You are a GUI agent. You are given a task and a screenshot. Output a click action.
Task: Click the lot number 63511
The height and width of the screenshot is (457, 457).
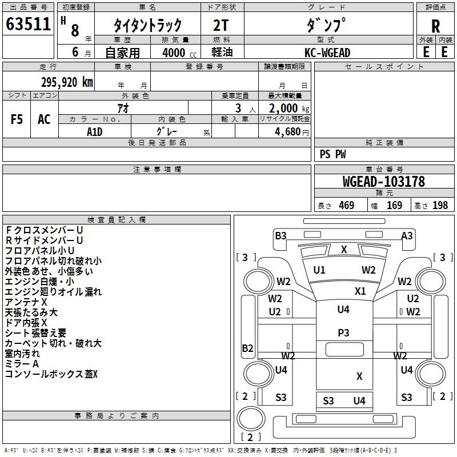tap(28, 24)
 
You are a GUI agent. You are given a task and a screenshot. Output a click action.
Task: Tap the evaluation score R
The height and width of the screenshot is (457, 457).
tap(435, 26)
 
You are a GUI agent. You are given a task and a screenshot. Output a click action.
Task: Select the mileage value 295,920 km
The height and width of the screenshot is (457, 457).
tap(67, 82)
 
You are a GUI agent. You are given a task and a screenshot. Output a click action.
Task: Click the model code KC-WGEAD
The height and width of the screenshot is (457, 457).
tap(327, 53)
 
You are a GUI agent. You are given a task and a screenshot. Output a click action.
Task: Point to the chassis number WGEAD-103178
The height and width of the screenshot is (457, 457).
tap(384, 182)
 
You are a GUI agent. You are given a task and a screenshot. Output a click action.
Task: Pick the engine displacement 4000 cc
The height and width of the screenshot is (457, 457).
tap(179, 53)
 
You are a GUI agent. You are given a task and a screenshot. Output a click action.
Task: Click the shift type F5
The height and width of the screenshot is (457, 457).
tap(17, 119)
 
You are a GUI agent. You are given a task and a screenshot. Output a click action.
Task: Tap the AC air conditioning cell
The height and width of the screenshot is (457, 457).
tap(44, 119)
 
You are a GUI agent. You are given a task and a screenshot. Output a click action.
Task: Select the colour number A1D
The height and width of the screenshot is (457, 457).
tap(94, 132)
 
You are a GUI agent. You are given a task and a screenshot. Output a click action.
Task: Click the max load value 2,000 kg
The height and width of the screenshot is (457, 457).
tap(289, 109)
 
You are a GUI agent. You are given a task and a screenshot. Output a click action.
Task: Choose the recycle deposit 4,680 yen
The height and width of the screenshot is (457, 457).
tap(292, 132)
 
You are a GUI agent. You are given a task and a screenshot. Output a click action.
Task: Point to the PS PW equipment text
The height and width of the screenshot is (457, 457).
tap(332, 154)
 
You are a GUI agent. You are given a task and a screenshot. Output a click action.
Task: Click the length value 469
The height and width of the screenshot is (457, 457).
tap(347, 205)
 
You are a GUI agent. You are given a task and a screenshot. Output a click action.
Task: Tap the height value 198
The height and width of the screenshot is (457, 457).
tap(440, 205)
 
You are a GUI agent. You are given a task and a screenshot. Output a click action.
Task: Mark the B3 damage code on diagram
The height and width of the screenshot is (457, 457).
tap(280, 235)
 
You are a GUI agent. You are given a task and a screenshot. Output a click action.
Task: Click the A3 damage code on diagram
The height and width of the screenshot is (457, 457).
tap(407, 235)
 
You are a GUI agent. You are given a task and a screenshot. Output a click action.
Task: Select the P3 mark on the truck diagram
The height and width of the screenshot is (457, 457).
tap(343, 333)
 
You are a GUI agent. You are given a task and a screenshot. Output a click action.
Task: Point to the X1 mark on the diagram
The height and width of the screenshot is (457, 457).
tap(360, 291)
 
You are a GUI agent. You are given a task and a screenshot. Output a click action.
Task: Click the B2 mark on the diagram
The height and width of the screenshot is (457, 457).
tap(247, 348)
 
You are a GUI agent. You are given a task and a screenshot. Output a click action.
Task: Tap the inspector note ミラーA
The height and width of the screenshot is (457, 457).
tap(22, 364)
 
